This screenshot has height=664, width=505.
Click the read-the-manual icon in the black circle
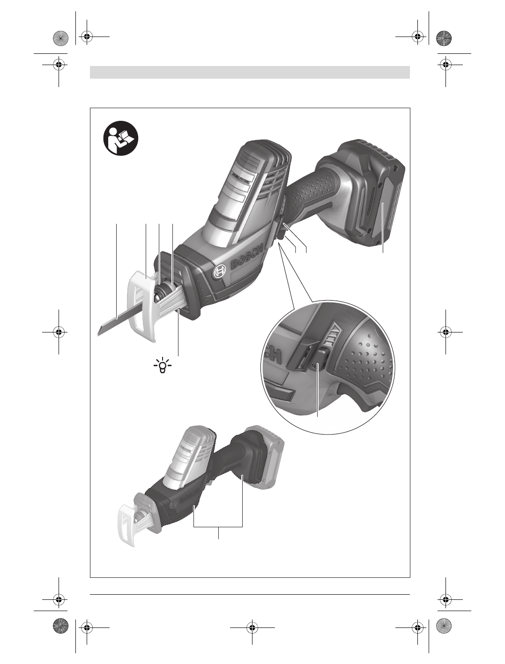[x=121, y=138]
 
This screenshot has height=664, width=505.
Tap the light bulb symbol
[x=163, y=366]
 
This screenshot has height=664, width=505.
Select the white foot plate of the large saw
[x=142, y=305]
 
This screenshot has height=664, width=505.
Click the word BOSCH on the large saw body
[x=247, y=256]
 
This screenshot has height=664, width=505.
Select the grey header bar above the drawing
[x=250, y=72]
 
